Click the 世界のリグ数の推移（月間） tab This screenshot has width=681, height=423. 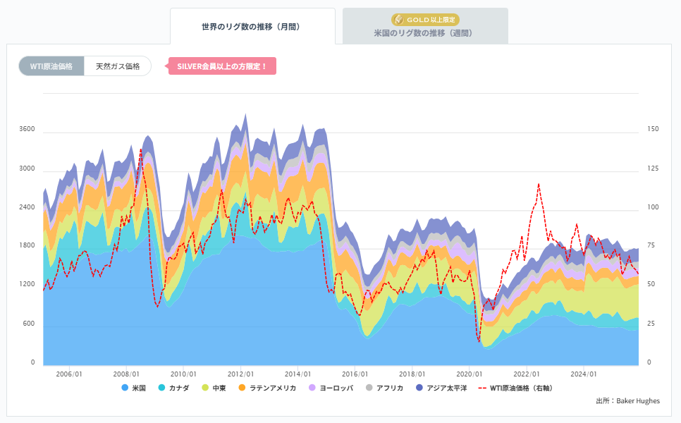point(252,27)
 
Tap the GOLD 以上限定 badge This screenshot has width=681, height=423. point(425,19)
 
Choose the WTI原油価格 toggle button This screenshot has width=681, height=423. point(51,66)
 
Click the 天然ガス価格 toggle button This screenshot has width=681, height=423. point(118,66)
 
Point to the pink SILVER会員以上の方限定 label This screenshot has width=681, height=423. point(222,66)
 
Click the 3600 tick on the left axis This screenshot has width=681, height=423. point(27,130)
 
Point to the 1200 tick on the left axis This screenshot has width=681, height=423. point(27,285)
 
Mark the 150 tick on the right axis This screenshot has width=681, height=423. point(653,130)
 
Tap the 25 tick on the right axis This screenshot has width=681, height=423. point(653,324)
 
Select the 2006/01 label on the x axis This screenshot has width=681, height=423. point(68,374)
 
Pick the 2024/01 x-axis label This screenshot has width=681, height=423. point(584,374)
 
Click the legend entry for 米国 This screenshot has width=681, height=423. point(133,388)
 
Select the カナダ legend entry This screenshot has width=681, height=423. point(173,388)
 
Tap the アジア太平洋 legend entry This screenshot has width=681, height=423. point(441,388)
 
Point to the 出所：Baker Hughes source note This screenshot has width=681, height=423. point(627,401)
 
